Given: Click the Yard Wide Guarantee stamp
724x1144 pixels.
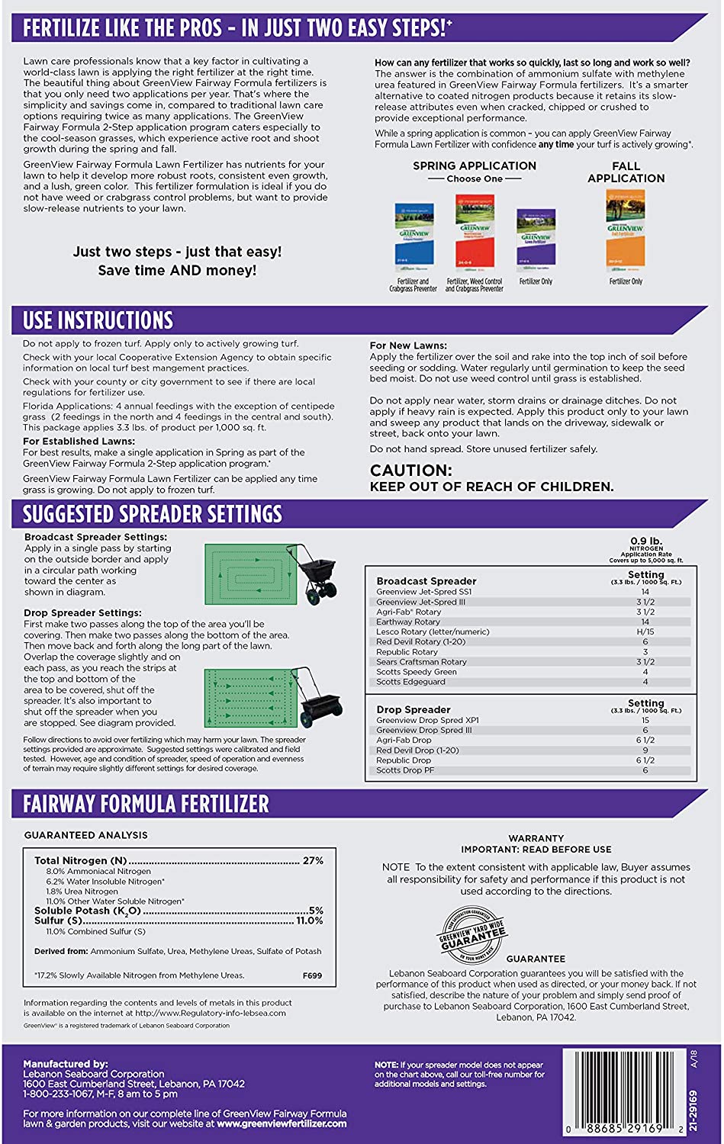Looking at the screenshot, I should point(472,935).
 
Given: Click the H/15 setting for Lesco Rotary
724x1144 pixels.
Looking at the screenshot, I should point(645,631).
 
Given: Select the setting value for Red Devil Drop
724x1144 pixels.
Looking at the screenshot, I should point(645,750).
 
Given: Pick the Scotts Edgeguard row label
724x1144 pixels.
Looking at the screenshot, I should point(410,682).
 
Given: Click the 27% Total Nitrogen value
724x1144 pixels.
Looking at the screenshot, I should point(313,860).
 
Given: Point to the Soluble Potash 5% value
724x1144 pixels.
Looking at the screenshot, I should point(316,911).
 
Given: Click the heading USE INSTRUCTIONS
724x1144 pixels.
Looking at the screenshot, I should point(98,320).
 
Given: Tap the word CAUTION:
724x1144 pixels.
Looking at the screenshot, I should point(411,471).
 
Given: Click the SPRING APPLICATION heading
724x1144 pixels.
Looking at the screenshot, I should point(475,166).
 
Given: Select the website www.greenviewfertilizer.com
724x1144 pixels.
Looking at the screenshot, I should point(282,1123).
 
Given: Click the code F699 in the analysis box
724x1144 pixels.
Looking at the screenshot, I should point(312,975).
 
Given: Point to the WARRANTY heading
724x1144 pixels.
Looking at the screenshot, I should point(536,838).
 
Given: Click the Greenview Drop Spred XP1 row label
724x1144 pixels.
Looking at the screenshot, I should point(427,720).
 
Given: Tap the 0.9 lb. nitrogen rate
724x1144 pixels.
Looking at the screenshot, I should point(645,541).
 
